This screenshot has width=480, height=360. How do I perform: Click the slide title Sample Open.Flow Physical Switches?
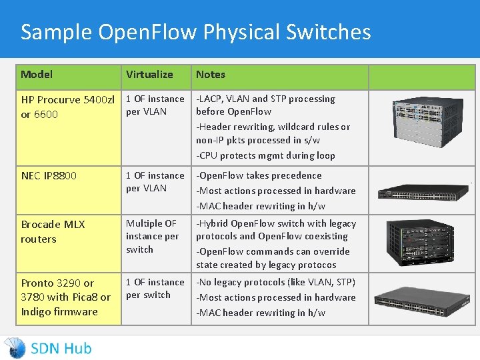(x=195, y=32)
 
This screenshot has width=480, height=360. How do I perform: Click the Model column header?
(x=37, y=75)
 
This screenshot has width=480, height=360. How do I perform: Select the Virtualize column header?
(x=149, y=75)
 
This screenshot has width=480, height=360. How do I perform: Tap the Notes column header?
(x=211, y=75)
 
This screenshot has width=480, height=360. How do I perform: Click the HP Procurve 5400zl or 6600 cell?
(x=67, y=107)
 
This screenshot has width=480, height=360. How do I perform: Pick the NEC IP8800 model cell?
(x=49, y=176)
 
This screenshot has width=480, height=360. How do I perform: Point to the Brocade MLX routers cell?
(x=53, y=231)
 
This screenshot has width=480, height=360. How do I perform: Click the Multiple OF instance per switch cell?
(x=153, y=236)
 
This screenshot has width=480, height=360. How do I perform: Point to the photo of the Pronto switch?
(x=422, y=301)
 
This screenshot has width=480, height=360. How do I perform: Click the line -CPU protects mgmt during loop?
(x=265, y=155)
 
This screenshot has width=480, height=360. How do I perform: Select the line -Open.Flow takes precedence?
(x=259, y=176)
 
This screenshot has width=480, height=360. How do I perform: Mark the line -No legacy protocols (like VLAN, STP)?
(x=275, y=283)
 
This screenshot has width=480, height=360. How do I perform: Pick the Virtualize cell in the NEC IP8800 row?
(x=155, y=182)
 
